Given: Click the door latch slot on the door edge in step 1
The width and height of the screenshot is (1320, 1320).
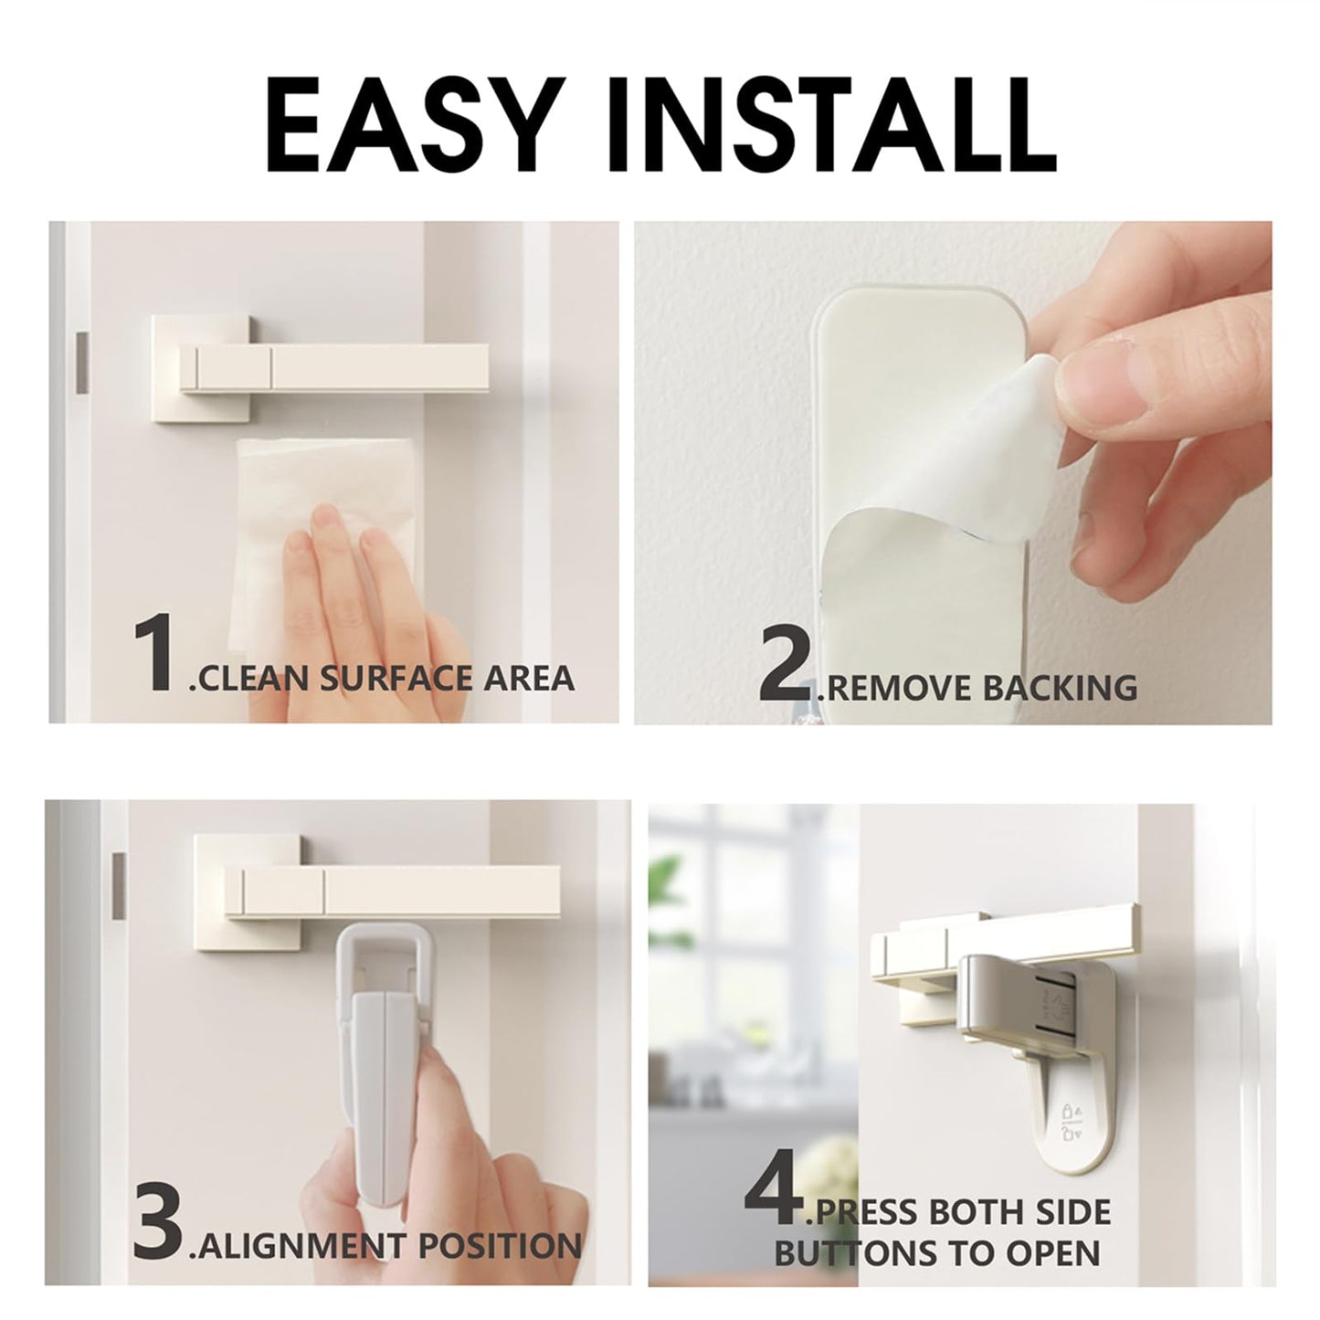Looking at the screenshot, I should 80,356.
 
